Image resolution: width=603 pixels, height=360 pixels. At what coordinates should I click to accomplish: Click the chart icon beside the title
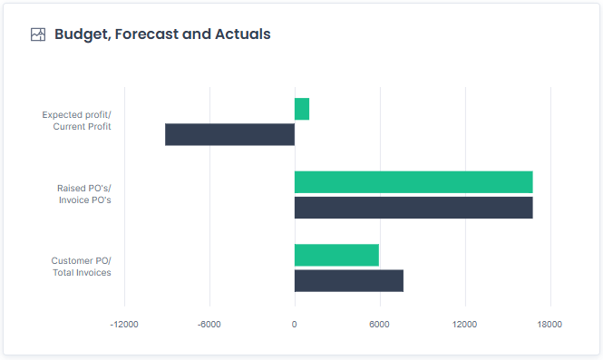[38, 34]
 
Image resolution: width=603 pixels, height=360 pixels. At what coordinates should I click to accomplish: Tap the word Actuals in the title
[242, 34]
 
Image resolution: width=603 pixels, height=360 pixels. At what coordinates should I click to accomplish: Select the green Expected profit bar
[302, 109]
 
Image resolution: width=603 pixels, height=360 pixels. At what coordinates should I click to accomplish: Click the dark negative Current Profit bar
[229, 134]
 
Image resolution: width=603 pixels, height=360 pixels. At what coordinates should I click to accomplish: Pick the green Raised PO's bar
[413, 181]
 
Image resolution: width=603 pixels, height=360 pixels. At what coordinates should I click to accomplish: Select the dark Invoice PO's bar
[413, 208]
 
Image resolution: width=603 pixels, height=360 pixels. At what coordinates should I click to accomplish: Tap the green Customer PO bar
[336, 255]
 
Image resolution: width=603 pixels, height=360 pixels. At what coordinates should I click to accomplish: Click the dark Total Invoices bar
[349, 280]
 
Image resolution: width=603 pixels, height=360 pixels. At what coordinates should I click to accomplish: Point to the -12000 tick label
[124, 325]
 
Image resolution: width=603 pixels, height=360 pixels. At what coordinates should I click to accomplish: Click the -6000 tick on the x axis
[209, 325]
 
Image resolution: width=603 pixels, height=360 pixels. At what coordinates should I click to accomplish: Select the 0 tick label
[295, 325]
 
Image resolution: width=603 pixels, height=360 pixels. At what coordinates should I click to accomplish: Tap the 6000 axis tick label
[379, 325]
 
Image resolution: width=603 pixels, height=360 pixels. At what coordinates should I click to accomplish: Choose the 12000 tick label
[464, 325]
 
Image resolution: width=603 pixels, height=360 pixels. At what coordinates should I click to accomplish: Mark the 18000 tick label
[550, 325]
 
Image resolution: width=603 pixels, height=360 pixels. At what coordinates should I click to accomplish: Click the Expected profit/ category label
[77, 115]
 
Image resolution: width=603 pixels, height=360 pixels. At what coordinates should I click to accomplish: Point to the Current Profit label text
[83, 127]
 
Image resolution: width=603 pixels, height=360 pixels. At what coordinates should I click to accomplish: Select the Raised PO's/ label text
[84, 189]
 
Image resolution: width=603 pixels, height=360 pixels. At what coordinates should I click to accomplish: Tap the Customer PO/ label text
[82, 261]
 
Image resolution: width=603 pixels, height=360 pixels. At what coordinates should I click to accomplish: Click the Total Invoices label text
[83, 273]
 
